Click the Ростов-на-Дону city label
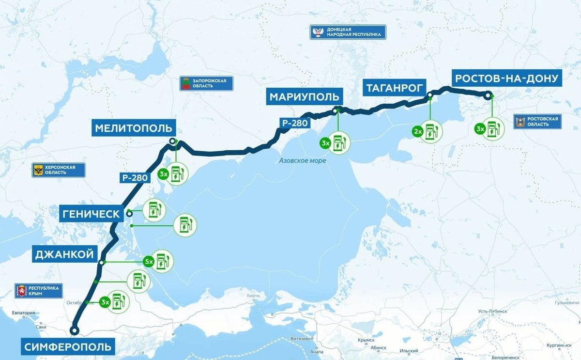pos(507,78)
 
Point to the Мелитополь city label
pos(134,128)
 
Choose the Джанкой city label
pos(64,254)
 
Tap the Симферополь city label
pos(68,347)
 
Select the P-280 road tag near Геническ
pos(134,178)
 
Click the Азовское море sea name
pos(303,160)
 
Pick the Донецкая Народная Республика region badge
pos(349,32)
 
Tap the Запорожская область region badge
pos(206,83)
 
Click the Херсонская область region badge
pos(59,170)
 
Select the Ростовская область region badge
pos(537,121)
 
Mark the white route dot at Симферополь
pos(74,330)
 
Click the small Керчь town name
pos(253,296)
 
